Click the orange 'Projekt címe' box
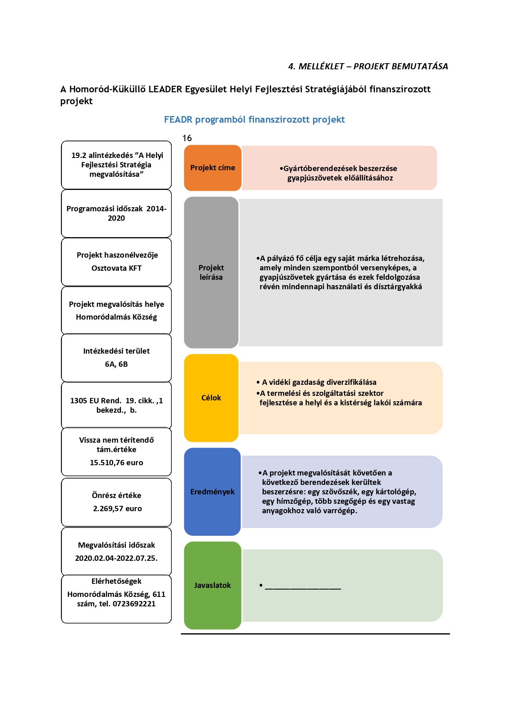212,168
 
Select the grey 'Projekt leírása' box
211,272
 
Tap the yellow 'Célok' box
211,398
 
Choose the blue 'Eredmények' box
212,491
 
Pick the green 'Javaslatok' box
212,585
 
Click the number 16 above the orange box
187,138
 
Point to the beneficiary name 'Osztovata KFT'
116,268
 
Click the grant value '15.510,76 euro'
116,463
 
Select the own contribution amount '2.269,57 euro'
117,509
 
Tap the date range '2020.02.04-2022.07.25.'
116,558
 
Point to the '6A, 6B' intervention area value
116,364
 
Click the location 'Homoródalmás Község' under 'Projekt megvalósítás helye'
116,317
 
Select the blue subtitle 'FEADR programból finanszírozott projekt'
254,120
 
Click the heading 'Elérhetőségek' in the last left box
116,581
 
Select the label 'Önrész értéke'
116,496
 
